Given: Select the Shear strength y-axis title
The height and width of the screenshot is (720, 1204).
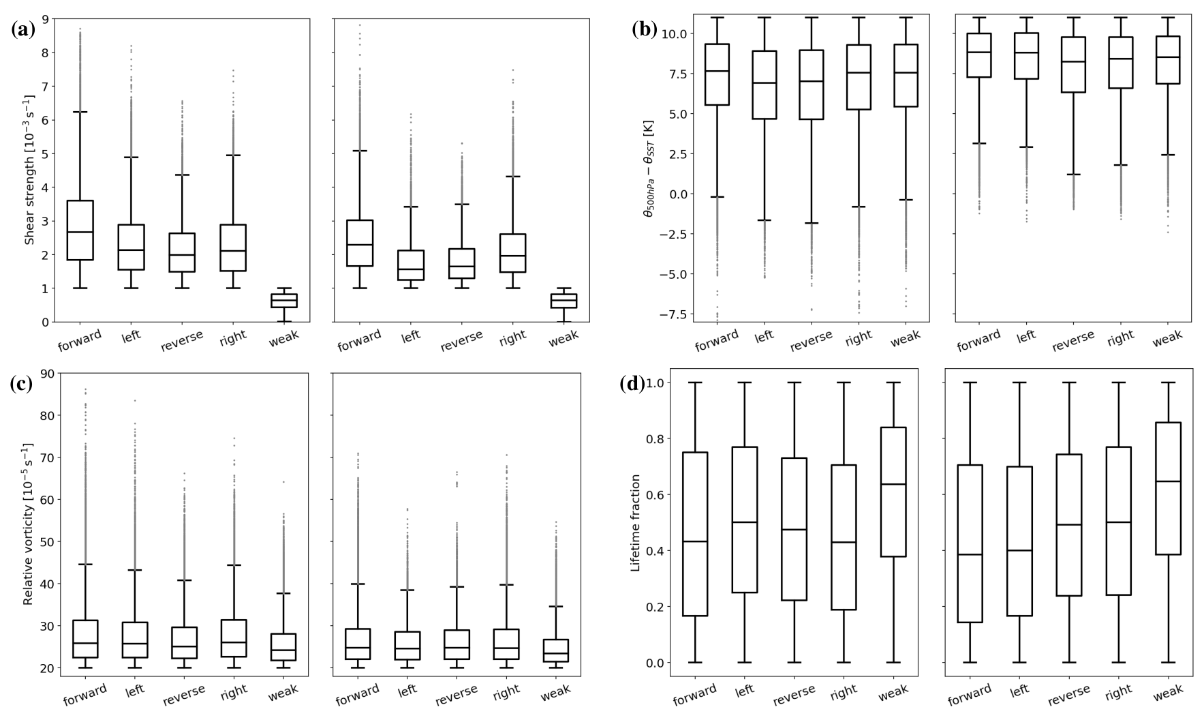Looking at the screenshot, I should coord(30,170).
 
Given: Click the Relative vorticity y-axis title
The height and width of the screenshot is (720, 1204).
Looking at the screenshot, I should coord(29,524).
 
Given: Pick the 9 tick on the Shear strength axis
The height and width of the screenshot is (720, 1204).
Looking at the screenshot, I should coord(44,19).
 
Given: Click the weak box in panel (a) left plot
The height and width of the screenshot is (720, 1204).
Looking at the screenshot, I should coord(284,301).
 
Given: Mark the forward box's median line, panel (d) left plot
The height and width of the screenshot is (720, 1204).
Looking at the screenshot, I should coord(695,541).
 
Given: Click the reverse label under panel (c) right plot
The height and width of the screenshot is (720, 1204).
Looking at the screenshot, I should coord(457,694).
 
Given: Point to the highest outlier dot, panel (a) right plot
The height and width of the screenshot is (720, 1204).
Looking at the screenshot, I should coord(360,25).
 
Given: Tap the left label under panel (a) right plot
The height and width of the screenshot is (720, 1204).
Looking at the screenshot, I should coord(412,335).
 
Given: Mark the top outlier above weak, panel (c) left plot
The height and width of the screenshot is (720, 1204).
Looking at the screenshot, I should coord(283,482).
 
